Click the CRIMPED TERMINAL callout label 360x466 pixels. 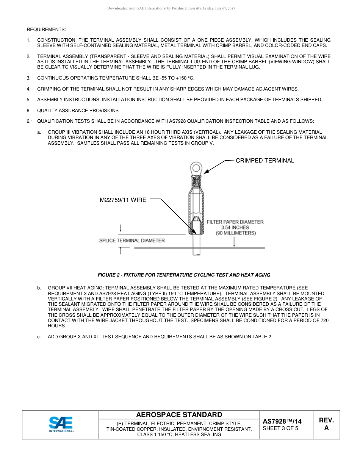click(x=265, y=161)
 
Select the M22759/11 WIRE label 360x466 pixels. click(x=123, y=200)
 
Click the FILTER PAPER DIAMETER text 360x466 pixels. click(x=235, y=222)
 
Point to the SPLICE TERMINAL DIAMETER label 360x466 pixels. click(x=132, y=241)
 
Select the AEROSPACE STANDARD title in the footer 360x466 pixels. click(x=179, y=415)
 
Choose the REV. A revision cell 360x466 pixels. click(x=326, y=424)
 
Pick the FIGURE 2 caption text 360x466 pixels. click(x=184, y=275)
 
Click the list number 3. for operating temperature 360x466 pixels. click(x=28, y=78)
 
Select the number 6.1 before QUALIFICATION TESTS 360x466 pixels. click(x=30, y=121)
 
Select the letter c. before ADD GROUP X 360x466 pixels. click(x=39, y=337)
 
